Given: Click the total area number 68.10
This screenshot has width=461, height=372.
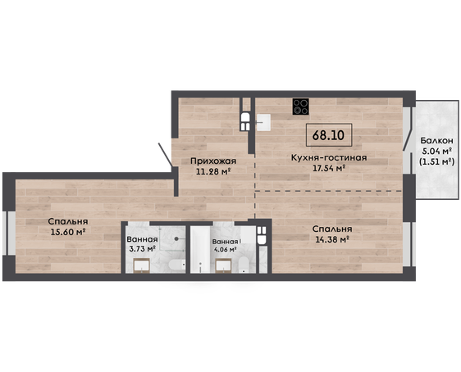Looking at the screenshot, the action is click(328, 135).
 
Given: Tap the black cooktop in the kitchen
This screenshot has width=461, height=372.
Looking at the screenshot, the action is click(301, 107).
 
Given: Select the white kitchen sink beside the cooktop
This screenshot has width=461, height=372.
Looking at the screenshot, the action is click(264, 122).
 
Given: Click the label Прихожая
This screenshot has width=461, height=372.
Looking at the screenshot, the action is click(213, 161).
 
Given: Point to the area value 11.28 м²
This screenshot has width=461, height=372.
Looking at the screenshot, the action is click(212, 171).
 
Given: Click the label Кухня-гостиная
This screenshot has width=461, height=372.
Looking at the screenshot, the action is click(329, 157).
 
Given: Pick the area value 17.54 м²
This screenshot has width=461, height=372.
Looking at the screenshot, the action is click(328, 168).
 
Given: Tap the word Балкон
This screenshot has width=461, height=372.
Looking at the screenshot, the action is click(436, 141).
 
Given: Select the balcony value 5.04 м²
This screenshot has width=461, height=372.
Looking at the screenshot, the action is click(437, 152).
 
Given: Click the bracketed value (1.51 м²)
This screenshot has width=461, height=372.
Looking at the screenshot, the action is click(436, 161).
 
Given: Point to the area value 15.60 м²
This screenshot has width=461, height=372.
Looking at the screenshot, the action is click(68, 232).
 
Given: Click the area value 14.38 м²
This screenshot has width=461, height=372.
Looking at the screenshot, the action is click(332, 239).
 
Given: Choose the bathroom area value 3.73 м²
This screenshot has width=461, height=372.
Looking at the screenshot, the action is click(142, 249).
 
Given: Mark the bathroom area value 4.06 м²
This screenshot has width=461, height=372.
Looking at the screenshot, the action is click(225, 250).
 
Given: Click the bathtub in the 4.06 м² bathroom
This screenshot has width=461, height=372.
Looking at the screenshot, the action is click(200, 249).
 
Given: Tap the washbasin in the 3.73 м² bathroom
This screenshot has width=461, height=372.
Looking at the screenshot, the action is click(142, 266).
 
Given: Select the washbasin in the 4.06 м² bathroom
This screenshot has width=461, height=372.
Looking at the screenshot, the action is click(224, 266).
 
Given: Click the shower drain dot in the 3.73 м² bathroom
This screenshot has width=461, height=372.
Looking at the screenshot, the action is click(176, 238).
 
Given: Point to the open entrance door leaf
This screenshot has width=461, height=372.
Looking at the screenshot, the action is click(165, 155).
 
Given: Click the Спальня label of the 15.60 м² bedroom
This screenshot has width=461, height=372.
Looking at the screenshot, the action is click(68, 221).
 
